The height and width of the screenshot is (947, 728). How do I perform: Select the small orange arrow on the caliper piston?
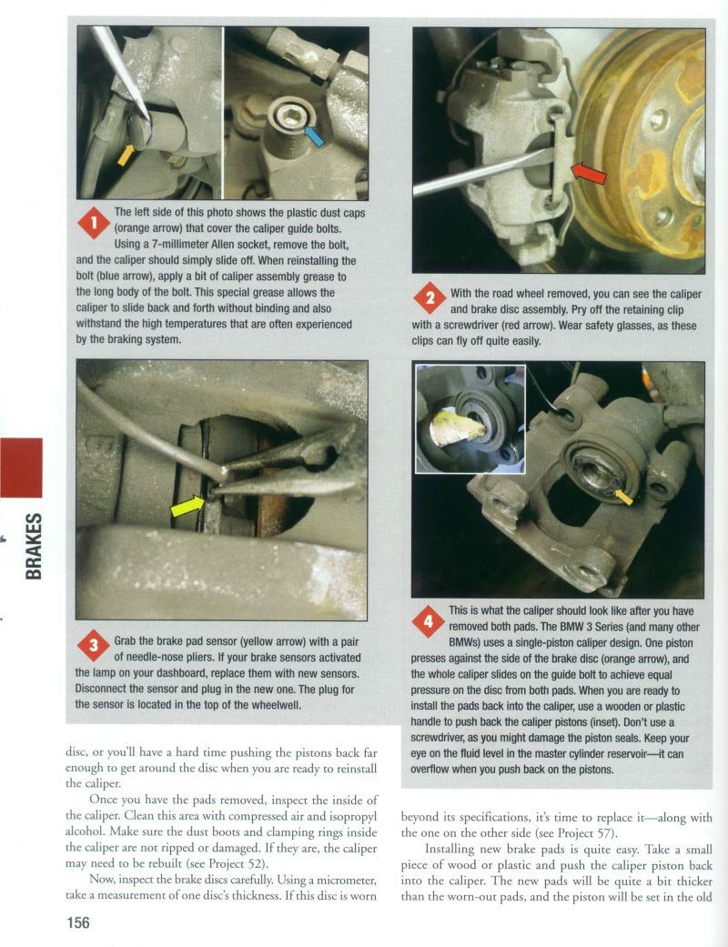623,496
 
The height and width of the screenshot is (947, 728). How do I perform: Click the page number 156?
77,922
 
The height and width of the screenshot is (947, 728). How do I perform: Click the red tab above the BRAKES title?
21,468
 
